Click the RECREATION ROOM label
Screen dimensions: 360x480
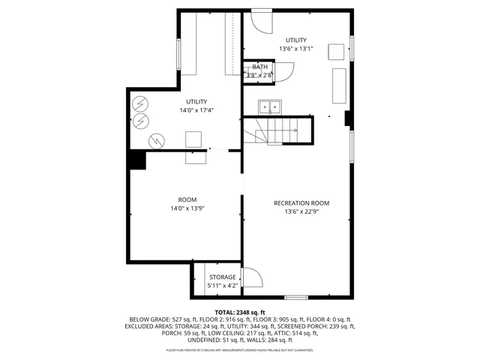pos(301,203)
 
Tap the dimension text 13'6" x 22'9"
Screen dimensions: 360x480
pos(301,211)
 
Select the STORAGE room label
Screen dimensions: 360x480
pos(222,277)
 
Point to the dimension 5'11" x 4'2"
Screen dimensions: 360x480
pos(222,286)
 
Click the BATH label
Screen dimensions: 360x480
pos(259,67)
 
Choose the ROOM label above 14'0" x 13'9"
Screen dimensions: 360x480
pos(187,199)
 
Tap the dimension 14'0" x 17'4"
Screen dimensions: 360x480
pos(196,110)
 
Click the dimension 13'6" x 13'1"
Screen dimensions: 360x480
pos(295,48)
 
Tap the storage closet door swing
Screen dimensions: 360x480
pos(253,279)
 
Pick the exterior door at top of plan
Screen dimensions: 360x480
pos(261,19)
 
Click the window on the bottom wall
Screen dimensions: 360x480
pos(295,298)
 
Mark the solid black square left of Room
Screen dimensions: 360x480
pos(137,160)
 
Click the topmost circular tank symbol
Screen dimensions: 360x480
pos(140,103)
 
